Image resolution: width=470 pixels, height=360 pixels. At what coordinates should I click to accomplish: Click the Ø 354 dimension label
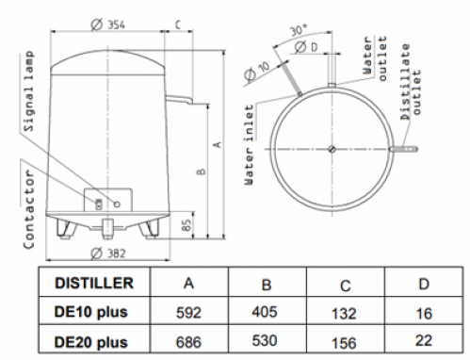107,25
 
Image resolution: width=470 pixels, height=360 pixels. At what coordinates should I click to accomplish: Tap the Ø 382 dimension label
107,254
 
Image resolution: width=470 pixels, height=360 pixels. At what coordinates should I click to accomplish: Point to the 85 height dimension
186,225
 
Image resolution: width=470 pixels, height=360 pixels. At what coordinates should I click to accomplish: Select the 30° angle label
298,30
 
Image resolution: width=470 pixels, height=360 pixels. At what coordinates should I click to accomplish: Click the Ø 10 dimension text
257,72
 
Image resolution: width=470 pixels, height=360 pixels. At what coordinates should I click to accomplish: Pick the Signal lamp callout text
28,91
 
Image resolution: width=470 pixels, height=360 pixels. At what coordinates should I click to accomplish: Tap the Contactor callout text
28,209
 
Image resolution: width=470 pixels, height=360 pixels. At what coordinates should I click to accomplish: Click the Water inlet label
249,145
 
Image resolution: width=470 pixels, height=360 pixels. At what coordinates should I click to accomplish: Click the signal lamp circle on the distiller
117,205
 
